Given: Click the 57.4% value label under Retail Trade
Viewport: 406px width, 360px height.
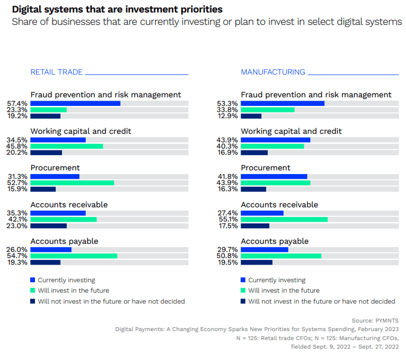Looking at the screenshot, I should point(17,104).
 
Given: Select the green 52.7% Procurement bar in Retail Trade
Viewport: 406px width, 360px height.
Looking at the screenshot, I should point(72,183).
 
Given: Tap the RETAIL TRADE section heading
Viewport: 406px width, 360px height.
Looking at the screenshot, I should point(56,72).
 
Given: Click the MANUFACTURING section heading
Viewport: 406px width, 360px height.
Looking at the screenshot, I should point(273,72).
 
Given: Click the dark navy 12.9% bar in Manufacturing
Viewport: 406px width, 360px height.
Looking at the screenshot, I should point(251,116).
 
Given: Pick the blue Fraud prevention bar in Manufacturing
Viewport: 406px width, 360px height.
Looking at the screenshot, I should point(282,104).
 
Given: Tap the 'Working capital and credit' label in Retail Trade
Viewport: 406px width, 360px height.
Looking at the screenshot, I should point(81,131).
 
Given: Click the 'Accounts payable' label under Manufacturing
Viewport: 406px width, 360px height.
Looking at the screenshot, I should point(275,241).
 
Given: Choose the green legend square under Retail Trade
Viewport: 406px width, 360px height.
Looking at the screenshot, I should point(33,290).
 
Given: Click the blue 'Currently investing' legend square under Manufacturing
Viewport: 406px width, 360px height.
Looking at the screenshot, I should point(243,280).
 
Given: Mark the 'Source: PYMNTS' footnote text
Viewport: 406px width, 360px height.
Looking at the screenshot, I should point(375,320).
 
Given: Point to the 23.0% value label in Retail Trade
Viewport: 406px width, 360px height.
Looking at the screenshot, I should point(17,225).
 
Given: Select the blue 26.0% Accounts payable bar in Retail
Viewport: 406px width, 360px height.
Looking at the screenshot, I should point(51,250).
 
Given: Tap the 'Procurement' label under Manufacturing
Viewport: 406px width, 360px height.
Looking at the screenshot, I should point(266,168).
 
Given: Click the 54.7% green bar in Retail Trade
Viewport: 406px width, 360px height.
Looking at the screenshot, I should point(74,256).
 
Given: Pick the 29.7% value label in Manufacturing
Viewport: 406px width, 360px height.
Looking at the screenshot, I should point(228,250).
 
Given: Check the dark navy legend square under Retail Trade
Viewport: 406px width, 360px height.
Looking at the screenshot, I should point(33,301).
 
